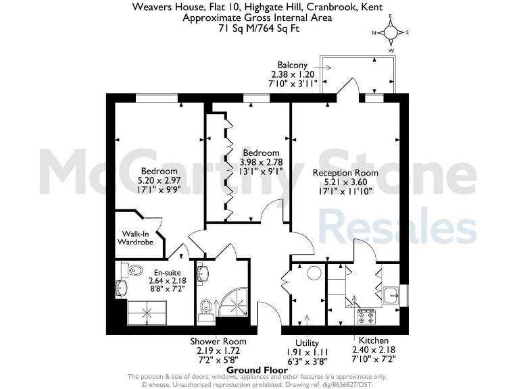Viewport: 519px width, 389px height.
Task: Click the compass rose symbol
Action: coord(391,32)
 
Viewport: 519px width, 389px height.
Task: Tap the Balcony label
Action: coord(293,65)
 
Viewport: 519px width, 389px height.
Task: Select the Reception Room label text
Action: coord(345,173)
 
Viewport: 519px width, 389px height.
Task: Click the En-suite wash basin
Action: coord(120,288)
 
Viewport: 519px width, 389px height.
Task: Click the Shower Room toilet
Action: coord(205,309)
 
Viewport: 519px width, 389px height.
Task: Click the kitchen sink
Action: coord(390,294)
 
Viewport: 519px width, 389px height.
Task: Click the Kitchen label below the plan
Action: coord(373,341)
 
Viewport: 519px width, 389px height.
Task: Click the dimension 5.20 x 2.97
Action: coord(159,180)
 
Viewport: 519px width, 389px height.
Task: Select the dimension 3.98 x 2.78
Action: coord(261,163)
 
